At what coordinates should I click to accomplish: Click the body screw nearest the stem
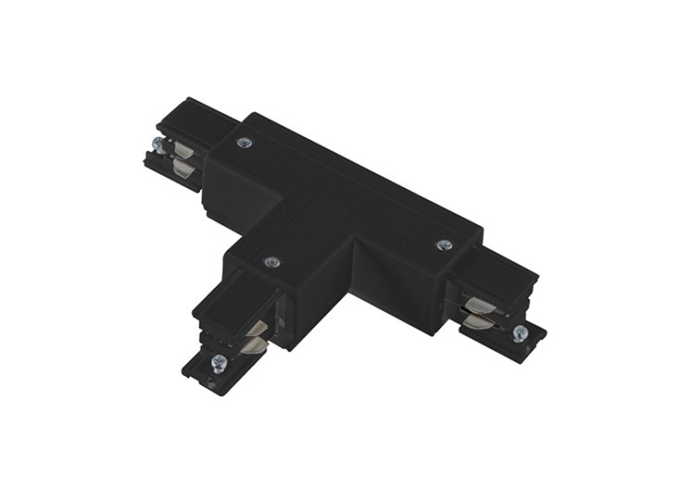(271, 263)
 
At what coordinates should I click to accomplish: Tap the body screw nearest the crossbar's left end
(244, 143)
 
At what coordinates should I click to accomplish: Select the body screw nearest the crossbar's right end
(444, 245)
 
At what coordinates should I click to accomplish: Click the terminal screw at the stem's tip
(218, 362)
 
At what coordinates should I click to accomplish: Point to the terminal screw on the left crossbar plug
(159, 146)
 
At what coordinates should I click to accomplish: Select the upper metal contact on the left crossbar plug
(184, 150)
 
